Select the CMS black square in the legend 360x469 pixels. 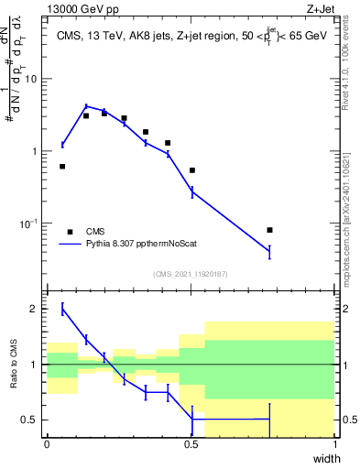[x=70, y=232]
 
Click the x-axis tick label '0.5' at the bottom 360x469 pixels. [x=191, y=444]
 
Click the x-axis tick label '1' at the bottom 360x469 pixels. [x=335, y=444]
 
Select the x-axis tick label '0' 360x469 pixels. [x=47, y=444]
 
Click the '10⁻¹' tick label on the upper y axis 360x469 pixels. [x=29, y=224]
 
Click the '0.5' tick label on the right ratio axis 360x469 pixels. [x=348, y=420]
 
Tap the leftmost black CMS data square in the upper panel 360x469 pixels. [x=62, y=166]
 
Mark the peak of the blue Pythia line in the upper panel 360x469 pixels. [x=86, y=106]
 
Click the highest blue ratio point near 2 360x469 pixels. [x=62, y=309]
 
